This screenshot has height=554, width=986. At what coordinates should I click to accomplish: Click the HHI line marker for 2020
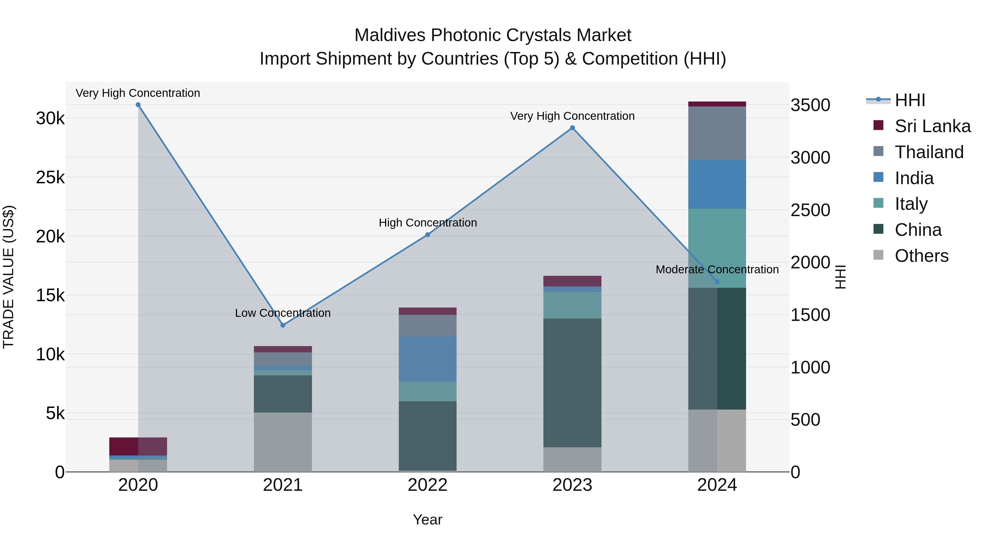pos(138,105)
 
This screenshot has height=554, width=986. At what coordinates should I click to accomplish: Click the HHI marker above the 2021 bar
pos(283,325)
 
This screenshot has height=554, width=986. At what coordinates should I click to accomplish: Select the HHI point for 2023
pos(572,128)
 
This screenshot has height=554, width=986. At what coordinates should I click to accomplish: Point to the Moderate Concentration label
pos(717,269)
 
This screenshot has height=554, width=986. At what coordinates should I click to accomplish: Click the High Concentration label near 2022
pos(428,223)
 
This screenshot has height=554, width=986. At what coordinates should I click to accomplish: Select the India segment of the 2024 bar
pos(717,184)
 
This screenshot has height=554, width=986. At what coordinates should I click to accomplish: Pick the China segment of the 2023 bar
pos(572,382)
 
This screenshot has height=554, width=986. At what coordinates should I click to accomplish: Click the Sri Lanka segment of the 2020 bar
pos(138,446)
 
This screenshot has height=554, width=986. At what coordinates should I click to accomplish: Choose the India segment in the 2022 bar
pos(428,359)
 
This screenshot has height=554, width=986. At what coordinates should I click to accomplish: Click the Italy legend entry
pos(911,204)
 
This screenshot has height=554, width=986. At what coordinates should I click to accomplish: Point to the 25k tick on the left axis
pos(50,177)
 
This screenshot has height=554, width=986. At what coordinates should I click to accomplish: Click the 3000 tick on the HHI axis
pos(810,158)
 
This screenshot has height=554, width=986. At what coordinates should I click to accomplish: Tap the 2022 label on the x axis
pos(428,485)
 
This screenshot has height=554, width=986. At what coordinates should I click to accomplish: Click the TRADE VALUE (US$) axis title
pos(8,277)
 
